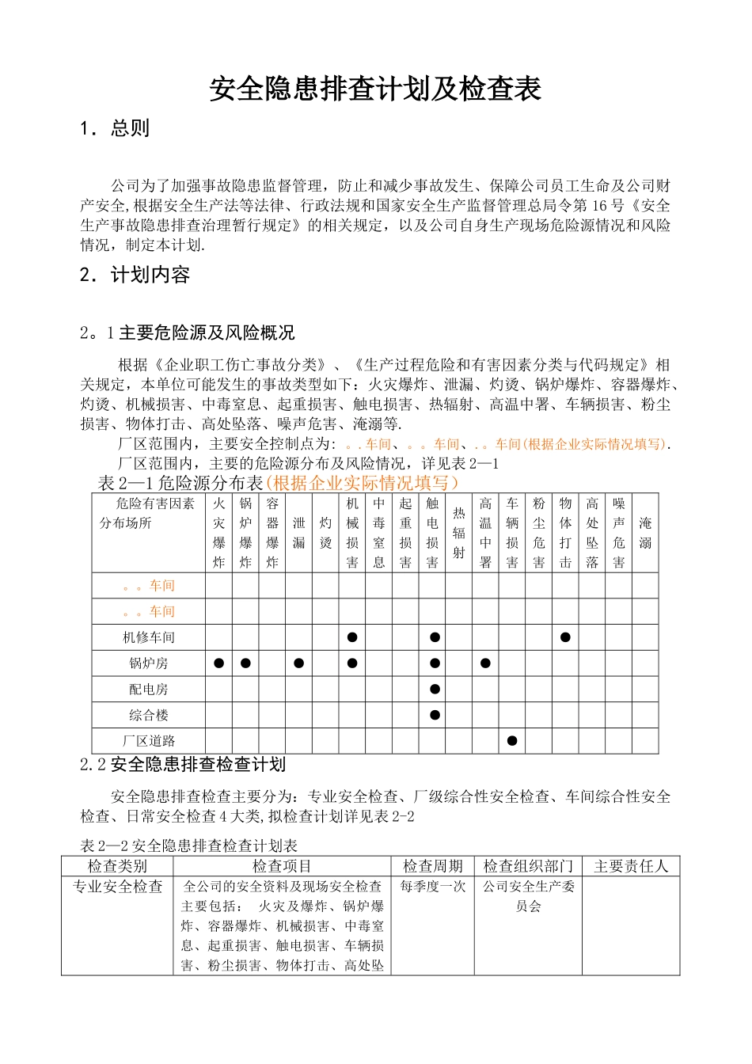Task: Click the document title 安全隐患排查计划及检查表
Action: coord(375,89)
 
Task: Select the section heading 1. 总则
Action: coord(115,128)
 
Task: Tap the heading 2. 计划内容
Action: coord(135,275)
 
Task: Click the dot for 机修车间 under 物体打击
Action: coord(565,637)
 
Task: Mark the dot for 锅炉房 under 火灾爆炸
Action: coord(219,663)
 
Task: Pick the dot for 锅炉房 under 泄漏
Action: coord(298,663)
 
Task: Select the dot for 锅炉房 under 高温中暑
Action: coord(485,663)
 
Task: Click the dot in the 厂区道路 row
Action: coord(512,741)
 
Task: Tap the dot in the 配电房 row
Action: coord(435,690)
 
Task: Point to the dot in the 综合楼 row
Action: coord(435,715)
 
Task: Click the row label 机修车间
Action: coord(149,637)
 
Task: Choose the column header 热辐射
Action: coord(459,533)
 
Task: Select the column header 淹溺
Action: coord(645,533)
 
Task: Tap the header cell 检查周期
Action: coord(433,866)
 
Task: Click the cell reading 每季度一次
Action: coord(433,887)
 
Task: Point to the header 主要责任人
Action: coord(631,866)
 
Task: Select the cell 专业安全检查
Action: coord(118,887)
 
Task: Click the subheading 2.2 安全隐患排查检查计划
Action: coord(183,764)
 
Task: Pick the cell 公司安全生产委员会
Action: coord(528,896)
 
